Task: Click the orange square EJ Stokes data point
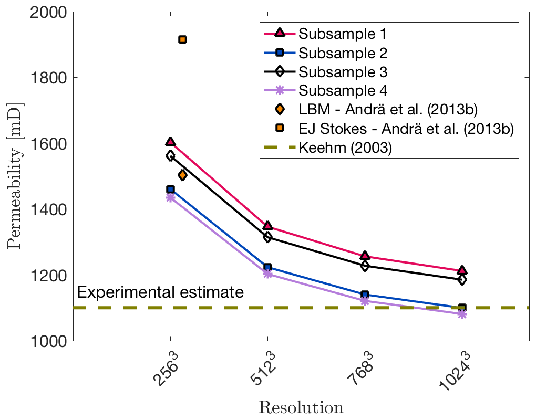(x=182, y=40)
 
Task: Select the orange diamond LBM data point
(x=182, y=175)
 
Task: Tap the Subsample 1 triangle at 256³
(x=170, y=142)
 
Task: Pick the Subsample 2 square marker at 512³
(x=267, y=268)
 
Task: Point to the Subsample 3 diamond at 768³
(x=365, y=266)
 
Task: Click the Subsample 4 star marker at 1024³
(x=462, y=314)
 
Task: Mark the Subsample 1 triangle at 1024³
(x=462, y=270)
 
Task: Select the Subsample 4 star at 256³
(x=170, y=197)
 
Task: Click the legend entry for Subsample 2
(x=343, y=52)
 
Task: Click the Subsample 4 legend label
(x=343, y=90)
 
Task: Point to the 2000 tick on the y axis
(x=45, y=12)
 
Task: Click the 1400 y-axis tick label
(x=45, y=209)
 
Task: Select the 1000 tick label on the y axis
(x=45, y=341)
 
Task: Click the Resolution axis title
(x=301, y=407)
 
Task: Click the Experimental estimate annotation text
(x=160, y=292)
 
